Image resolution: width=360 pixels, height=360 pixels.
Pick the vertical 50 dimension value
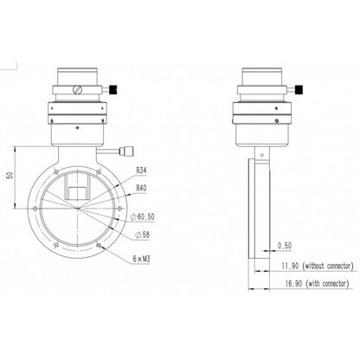(x=9, y=176)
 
